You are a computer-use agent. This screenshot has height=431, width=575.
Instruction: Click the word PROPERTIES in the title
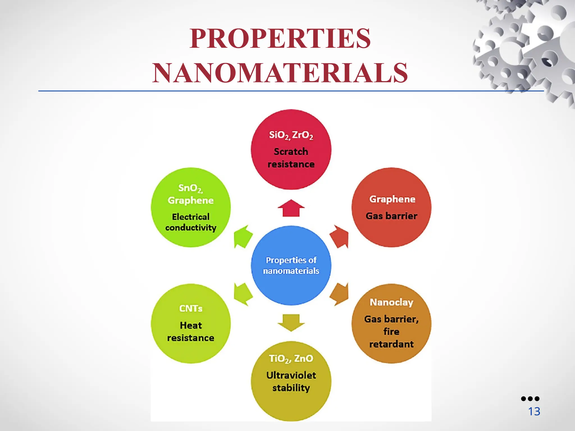pyautogui.click(x=280, y=38)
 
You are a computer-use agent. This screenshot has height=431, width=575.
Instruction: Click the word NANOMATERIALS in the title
pyautogui.click(x=280, y=73)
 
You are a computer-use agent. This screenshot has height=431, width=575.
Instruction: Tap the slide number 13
pyautogui.click(x=534, y=412)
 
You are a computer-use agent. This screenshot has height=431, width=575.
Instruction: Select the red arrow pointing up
pyautogui.click(x=291, y=208)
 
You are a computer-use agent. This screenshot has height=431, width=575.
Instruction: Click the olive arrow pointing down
pyautogui.click(x=291, y=322)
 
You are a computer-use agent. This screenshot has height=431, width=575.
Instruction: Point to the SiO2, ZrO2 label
pyautogui.click(x=291, y=135)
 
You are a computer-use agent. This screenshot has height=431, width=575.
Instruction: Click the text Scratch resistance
pyautogui.click(x=291, y=158)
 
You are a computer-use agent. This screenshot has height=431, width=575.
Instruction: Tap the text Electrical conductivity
pyautogui.click(x=191, y=222)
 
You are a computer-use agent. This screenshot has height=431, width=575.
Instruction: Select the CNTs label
pyautogui.click(x=191, y=308)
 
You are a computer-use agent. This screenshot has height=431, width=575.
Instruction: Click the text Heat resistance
pyautogui.click(x=191, y=331)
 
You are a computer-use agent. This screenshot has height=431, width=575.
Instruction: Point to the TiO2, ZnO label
pyautogui.click(x=291, y=359)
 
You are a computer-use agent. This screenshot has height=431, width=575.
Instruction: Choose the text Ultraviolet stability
pyautogui.click(x=291, y=381)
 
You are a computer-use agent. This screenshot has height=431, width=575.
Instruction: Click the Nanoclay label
pyautogui.click(x=391, y=302)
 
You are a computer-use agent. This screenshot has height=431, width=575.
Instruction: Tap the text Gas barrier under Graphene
pyautogui.click(x=391, y=216)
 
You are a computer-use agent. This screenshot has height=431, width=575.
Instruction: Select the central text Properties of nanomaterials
pyautogui.click(x=291, y=265)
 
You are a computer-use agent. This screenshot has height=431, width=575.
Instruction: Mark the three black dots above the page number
pyautogui.click(x=530, y=398)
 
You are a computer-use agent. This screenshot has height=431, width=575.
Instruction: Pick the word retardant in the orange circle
pyautogui.click(x=391, y=344)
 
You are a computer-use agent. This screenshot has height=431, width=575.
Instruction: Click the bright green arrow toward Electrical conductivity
pyautogui.click(x=242, y=237)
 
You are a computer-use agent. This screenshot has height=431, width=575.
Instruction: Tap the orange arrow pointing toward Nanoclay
pyautogui.click(x=340, y=294)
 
